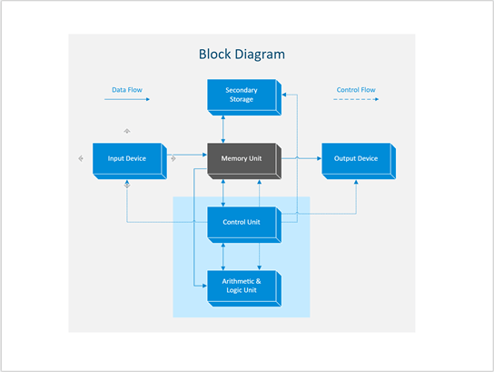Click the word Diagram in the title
(x=261, y=55)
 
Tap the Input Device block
(x=127, y=159)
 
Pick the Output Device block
(x=355, y=159)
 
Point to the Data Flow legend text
(x=126, y=90)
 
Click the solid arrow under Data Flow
(x=126, y=100)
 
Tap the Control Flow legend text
(x=356, y=90)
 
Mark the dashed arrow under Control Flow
(x=356, y=100)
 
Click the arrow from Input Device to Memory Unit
(x=190, y=156)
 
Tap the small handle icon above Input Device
(x=127, y=131)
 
